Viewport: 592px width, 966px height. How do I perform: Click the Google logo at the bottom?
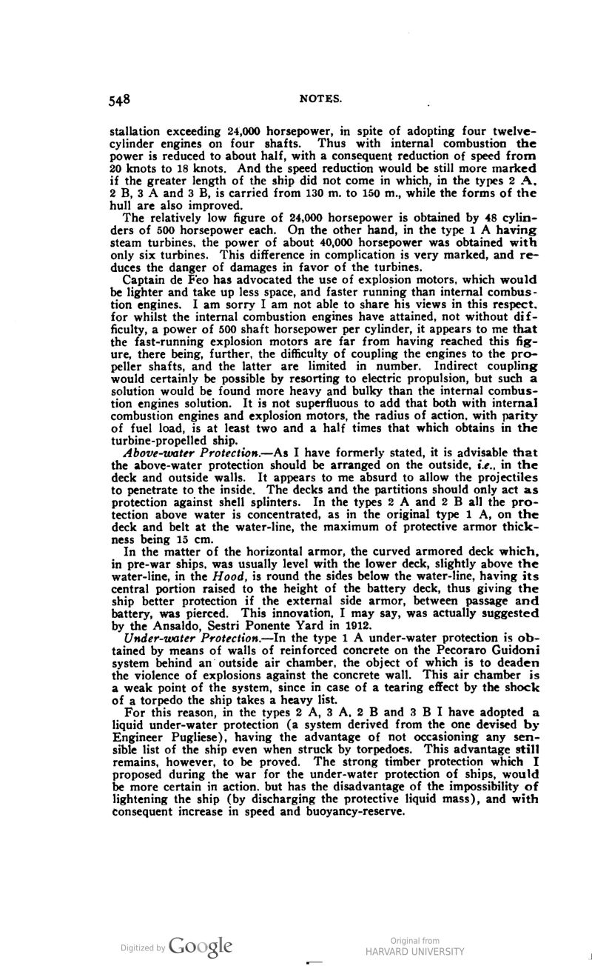[200, 946]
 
